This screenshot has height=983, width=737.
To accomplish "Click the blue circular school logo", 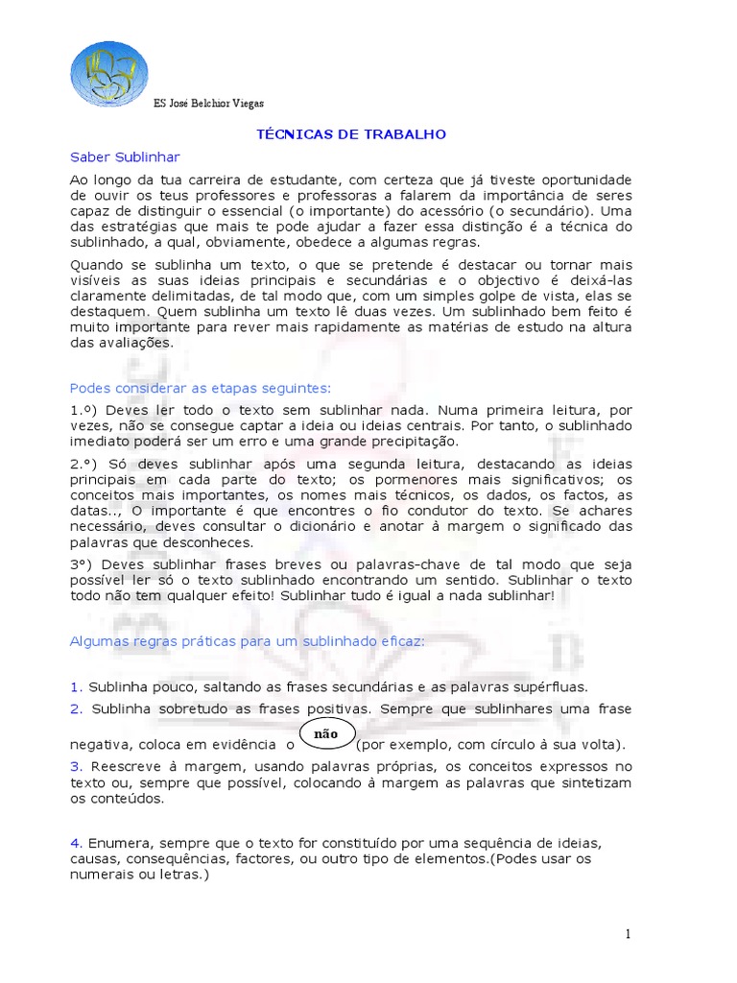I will tap(109, 73).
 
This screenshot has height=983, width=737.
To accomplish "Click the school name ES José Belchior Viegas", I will tap(208, 104).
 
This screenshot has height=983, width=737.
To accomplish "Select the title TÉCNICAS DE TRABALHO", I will tap(351, 134).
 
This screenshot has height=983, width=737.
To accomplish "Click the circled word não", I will tap(327, 732).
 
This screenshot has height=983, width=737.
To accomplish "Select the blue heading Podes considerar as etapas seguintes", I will tap(200, 388).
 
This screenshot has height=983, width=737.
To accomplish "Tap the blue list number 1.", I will tap(75, 687).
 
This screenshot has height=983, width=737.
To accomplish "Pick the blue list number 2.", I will tap(75, 708).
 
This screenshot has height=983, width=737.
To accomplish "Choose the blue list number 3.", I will tap(75, 766).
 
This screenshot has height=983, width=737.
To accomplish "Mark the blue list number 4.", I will tap(75, 843).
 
